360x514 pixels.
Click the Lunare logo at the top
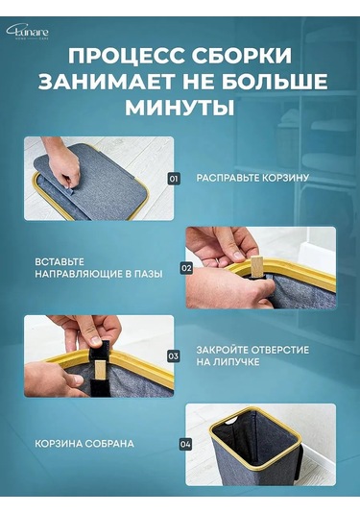[28, 32]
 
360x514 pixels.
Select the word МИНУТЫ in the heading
[180, 108]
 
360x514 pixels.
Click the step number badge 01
[174, 179]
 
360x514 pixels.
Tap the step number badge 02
[186, 268]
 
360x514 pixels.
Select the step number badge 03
[174, 355]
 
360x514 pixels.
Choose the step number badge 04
[185, 444]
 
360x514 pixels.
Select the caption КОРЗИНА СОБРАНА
[84, 443]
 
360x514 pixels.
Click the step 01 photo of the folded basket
[98, 179]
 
